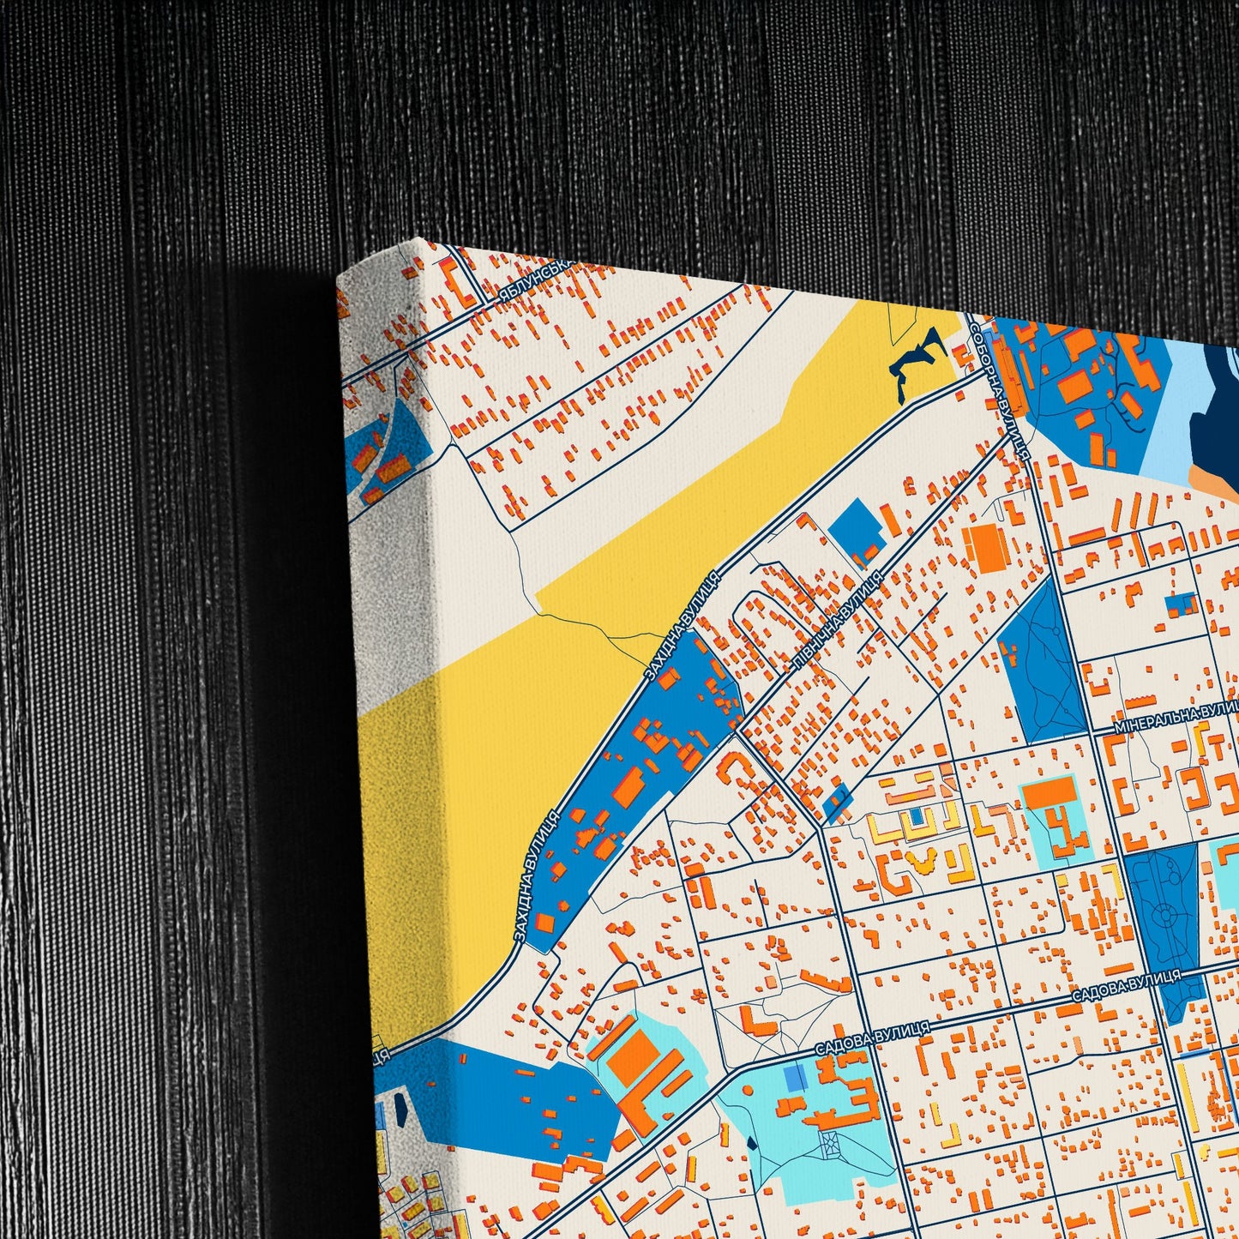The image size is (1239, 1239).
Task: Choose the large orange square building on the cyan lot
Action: click(x=635, y=1056)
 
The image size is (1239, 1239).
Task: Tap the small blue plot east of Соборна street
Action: click(x=1181, y=602)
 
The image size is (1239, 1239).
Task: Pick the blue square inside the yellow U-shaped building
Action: click(x=917, y=814)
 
